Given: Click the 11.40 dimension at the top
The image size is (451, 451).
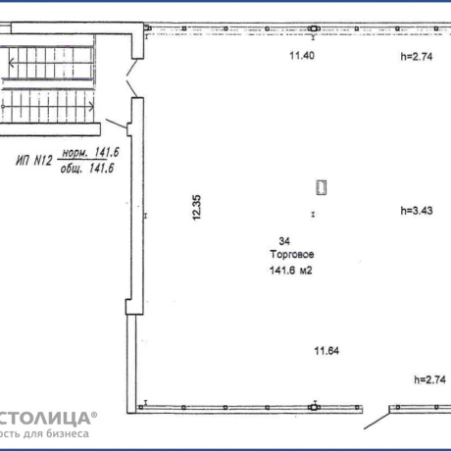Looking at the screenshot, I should pos(301,56).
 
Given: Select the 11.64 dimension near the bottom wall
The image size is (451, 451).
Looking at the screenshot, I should pos(326,350).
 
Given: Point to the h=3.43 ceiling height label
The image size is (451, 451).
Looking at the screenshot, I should pos(417,210).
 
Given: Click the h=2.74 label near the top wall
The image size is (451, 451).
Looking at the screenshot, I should pos(417,57).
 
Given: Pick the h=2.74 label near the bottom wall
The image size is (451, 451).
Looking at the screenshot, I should pos(428,379).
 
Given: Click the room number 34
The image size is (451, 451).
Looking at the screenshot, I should pos(283,240).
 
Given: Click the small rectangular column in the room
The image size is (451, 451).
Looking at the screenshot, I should pos(321,187).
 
